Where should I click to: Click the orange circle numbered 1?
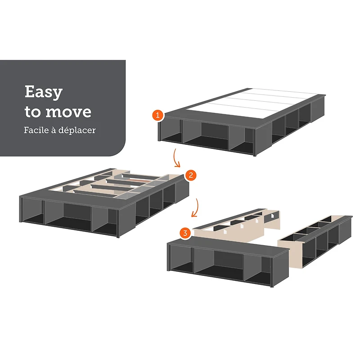click(x=157, y=115)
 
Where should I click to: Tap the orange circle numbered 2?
click(x=190, y=175)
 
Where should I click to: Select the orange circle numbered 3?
click(x=185, y=233)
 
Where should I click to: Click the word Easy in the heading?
click(x=43, y=92)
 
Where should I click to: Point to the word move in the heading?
click(x=68, y=112)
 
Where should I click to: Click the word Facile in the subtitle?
click(x=36, y=130)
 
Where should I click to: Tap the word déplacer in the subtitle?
click(x=77, y=130)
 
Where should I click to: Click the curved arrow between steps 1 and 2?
click(x=175, y=158)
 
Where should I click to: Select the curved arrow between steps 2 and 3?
click(x=195, y=208)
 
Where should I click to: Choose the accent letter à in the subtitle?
click(x=54, y=130)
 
